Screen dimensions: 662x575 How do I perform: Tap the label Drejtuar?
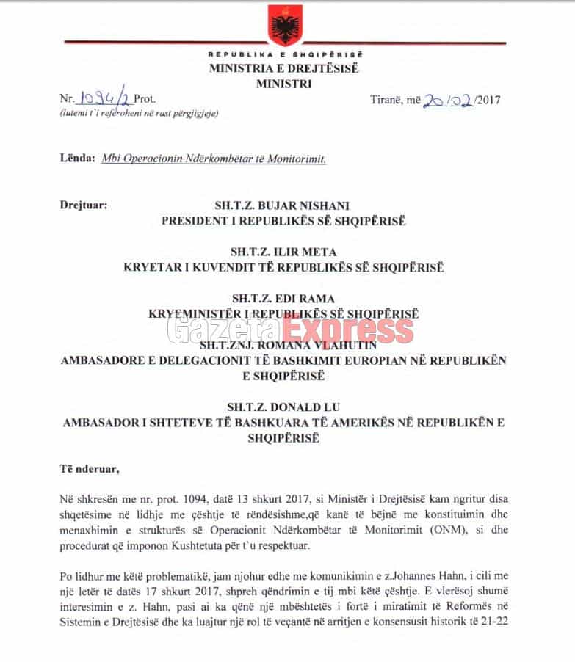83,205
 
